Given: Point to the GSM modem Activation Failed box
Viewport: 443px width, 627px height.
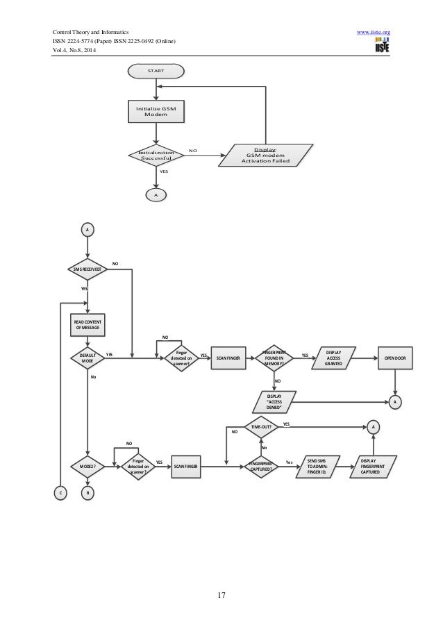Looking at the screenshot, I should pyautogui.click(x=265, y=155).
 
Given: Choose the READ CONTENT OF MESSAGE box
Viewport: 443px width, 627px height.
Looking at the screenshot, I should pyautogui.click(x=87, y=324).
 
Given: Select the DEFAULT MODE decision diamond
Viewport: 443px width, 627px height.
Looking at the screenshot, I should pyautogui.click(x=87, y=358).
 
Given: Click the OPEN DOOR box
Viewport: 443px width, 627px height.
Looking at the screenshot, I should pyautogui.click(x=395, y=358).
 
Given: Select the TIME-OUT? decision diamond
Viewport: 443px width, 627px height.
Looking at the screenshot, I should pyautogui.click(x=261, y=426).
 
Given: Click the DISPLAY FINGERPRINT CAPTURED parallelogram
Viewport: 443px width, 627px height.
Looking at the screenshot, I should pyautogui.click(x=376, y=466).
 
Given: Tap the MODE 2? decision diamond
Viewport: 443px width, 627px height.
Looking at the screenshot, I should pyautogui.click(x=87, y=466).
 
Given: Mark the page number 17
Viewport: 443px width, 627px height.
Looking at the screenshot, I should pyautogui.click(x=221, y=594).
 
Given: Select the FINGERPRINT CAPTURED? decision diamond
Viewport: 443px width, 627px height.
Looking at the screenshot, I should pyautogui.click(x=261, y=466).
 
